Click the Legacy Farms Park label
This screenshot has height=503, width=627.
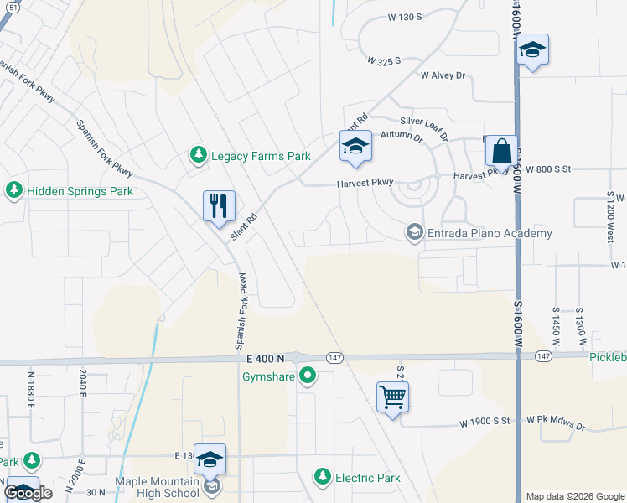click(x=261, y=156)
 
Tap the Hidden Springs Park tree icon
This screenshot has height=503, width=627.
click(x=13, y=191)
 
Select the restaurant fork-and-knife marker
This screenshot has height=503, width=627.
click(x=219, y=205)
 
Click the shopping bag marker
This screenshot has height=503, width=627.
click(x=501, y=152)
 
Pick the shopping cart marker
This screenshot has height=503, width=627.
click(x=393, y=397)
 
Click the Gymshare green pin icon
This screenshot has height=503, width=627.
click(x=308, y=376)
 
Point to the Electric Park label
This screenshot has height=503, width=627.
click(x=367, y=478)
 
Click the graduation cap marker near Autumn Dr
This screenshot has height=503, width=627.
click(x=355, y=148)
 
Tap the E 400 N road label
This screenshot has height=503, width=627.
click(x=267, y=358)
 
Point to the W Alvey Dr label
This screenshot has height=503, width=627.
click(x=443, y=75)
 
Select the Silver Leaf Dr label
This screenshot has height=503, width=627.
click(x=425, y=127)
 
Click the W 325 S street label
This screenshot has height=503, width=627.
click(x=384, y=60)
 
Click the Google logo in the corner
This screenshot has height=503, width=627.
click(x=28, y=493)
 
